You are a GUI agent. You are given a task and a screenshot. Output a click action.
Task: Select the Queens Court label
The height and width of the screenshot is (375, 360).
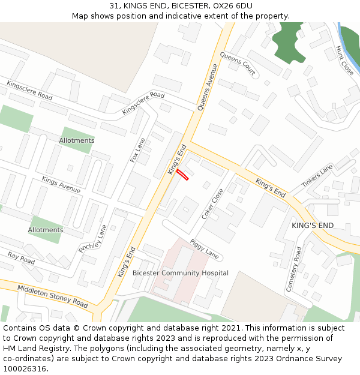[238, 64]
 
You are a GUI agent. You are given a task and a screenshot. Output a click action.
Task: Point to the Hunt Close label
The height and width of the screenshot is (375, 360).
[345, 61]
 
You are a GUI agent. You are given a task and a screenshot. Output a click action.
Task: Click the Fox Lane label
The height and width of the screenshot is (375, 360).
[138, 150]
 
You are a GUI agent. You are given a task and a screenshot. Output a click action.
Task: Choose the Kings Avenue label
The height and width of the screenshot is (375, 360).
[61, 184]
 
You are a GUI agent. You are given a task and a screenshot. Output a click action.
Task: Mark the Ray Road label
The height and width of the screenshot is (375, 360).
[21, 258]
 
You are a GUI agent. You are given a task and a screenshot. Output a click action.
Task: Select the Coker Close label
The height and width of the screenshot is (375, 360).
[212, 203]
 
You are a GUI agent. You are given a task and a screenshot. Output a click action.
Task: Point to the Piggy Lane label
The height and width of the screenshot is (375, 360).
[204, 248]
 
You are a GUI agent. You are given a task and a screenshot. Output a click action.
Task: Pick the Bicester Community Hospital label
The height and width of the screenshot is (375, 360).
[180, 273]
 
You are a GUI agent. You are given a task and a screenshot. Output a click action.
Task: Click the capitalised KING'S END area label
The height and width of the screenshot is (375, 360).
[312, 226]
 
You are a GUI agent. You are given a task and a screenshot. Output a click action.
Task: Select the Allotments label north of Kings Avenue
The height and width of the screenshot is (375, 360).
[76, 140]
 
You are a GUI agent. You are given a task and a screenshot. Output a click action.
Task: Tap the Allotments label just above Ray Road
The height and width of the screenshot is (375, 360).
[46, 230]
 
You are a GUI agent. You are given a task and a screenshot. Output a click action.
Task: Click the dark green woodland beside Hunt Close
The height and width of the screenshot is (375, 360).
[296, 42]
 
